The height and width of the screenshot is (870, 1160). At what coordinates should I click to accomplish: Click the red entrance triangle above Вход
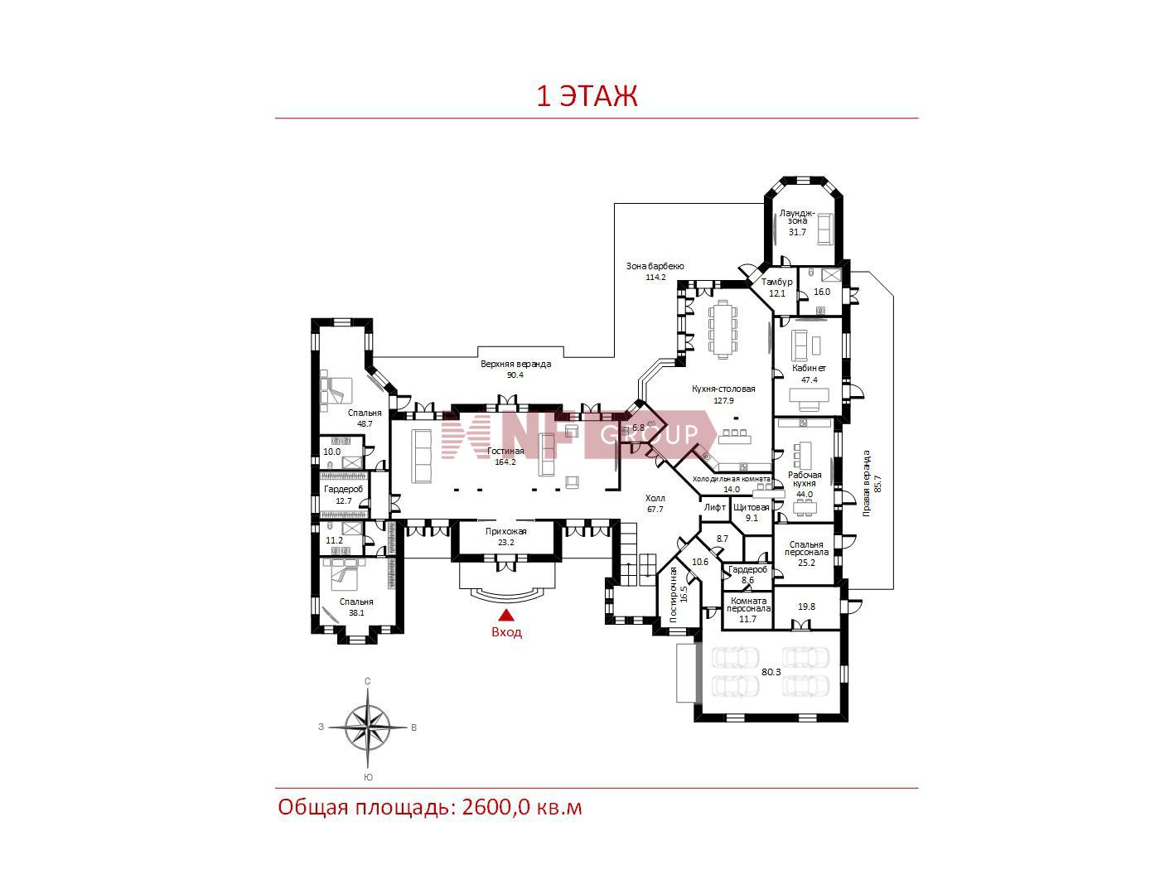click(x=506, y=614)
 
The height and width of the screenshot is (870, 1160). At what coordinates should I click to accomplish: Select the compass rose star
click(x=368, y=727)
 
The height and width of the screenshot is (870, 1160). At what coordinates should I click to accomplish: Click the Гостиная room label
click(x=505, y=451)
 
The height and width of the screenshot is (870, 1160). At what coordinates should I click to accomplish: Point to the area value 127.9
click(x=723, y=400)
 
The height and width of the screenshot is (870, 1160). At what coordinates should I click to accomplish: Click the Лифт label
click(x=714, y=507)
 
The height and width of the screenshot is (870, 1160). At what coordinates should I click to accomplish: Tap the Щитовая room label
click(x=751, y=507)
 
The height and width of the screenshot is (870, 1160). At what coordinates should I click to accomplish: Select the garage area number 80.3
click(x=771, y=672)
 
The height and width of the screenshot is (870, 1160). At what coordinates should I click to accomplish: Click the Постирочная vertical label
click(x=674, y=595)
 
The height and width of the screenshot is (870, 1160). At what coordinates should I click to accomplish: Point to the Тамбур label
click(x=776, y=282)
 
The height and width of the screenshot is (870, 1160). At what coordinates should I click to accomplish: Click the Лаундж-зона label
click(x=797, y=217)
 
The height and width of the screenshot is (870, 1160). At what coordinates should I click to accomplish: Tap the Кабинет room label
click(x=809, y=368)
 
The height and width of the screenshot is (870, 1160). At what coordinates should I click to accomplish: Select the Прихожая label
click(x=505, y=531)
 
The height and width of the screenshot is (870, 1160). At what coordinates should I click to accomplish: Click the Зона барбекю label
click(x=655, y=266)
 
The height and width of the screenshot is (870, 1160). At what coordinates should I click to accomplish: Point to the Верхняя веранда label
click(x=515, y=364)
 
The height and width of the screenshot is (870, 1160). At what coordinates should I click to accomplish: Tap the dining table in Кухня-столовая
click(x=722, y=329)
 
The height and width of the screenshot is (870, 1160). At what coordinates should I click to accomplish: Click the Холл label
click(x=655, y=498)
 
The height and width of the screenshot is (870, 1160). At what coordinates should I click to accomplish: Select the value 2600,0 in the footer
click(x=495, y=808)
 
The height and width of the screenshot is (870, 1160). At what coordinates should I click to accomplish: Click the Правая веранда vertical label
click(x=866, y=483)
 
